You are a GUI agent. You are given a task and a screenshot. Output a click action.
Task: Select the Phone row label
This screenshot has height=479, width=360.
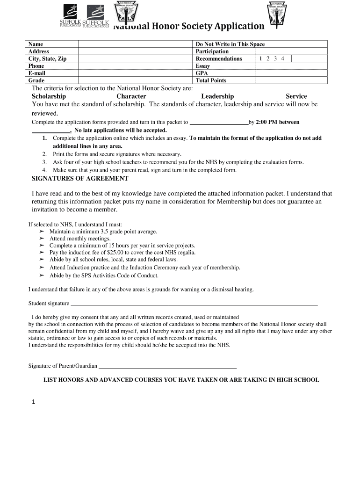pos(36,66)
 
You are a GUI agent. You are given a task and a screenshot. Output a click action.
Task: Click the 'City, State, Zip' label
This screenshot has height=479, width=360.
pos(47,58)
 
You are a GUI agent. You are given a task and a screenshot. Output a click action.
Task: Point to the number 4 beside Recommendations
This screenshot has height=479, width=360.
pos(282,58)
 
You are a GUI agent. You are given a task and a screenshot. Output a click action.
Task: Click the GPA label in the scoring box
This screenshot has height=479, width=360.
pos(202,73)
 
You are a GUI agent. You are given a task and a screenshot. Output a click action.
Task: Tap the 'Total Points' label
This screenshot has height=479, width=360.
pos(211,80)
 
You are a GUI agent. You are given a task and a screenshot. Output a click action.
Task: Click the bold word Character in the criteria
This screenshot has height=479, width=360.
pos(131,96)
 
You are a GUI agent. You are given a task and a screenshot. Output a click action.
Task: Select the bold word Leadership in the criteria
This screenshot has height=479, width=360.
pos(217,96)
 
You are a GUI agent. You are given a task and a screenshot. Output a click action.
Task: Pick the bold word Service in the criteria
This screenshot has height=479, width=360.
pos(296,96)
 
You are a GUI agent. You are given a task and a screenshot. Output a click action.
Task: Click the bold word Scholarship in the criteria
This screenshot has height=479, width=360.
pos(49,96)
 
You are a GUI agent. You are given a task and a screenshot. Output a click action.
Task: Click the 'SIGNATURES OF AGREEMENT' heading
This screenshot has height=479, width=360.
pos(79,178)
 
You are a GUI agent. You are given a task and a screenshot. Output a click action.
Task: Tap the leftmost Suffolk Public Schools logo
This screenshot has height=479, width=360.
pos(71,15)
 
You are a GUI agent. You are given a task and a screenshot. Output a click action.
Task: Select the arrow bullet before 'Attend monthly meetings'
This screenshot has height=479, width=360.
pos(41,239)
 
